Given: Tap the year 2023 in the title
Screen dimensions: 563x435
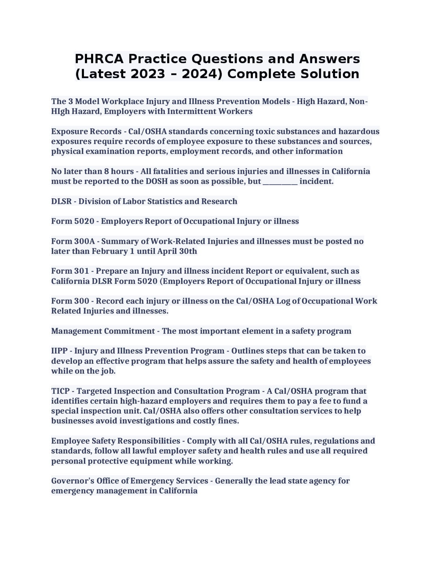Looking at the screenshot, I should pos(148,74).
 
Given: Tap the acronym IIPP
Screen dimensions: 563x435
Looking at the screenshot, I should pos(60,351).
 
